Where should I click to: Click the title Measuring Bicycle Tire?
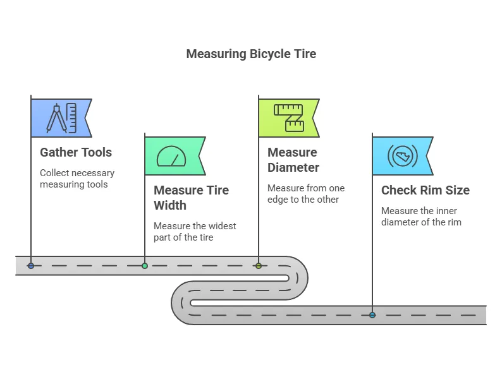[251, 54]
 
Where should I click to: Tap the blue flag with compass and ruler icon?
[61, 118]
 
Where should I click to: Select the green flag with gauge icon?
[174, 156]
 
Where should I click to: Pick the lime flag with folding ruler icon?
[288, 118]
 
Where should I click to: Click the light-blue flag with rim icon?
[401, 156]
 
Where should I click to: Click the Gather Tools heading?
[76, 152]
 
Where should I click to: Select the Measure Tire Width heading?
[191, 198]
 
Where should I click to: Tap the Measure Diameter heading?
[293, 160]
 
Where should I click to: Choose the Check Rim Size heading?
[425, 190]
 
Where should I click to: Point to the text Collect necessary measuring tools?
[77, 178]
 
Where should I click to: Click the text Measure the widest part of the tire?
[195, 232]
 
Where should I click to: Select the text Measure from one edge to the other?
[305, 194]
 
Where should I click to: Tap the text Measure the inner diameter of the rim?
[421, 216]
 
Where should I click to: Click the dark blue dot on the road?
[31, 266]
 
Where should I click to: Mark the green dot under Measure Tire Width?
[145, 266]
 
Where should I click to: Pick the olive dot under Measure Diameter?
[259, 266]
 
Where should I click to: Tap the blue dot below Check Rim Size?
[372, 314]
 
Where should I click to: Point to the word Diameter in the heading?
[293, 167]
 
